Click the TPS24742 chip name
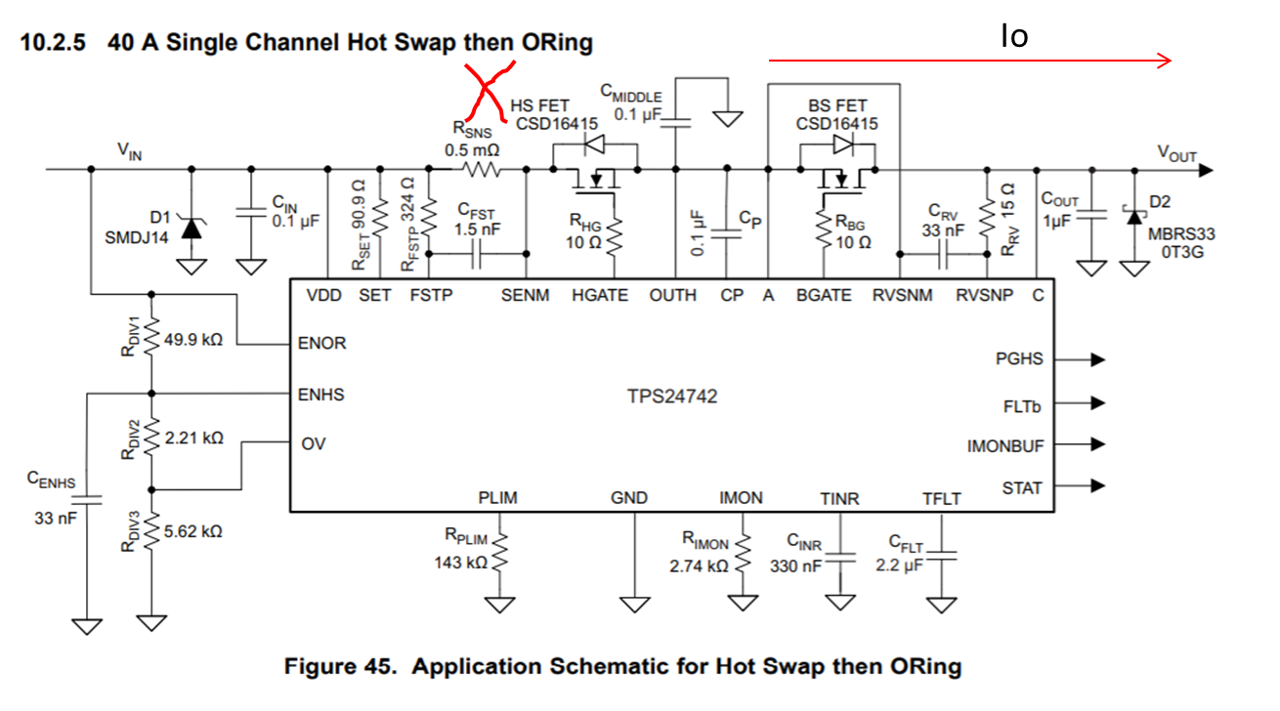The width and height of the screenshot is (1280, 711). (672, 397)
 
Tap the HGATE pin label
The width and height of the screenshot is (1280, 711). (600, 295)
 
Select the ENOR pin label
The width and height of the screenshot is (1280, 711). (321, 343)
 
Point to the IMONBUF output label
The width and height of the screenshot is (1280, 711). (1005, 446)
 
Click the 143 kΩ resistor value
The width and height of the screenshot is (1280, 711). (460, 564)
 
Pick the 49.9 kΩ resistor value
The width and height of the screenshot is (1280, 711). (193, 340)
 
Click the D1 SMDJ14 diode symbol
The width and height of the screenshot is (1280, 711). (192, 229)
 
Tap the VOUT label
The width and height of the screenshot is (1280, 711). (1176, 153)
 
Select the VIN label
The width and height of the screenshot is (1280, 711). (130, 151)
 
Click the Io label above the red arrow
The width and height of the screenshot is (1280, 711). (1014, 36)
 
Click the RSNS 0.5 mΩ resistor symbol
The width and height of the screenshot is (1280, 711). (481, 169)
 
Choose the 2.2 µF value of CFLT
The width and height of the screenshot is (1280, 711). (900, 565)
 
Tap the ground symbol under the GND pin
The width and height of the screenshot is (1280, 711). (634, 605)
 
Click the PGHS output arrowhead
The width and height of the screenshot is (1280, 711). (1097, 359)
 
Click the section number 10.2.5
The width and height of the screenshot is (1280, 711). (53, 42)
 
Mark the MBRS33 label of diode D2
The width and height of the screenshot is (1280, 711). (1181, 234)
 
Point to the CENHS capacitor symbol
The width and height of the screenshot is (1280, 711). (87, 500)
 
